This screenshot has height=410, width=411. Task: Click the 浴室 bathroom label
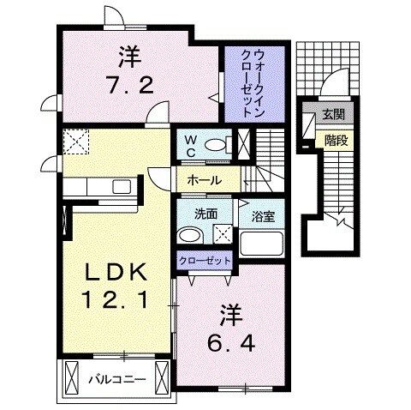(262, 217)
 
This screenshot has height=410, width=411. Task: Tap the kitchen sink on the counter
(119, 186)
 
